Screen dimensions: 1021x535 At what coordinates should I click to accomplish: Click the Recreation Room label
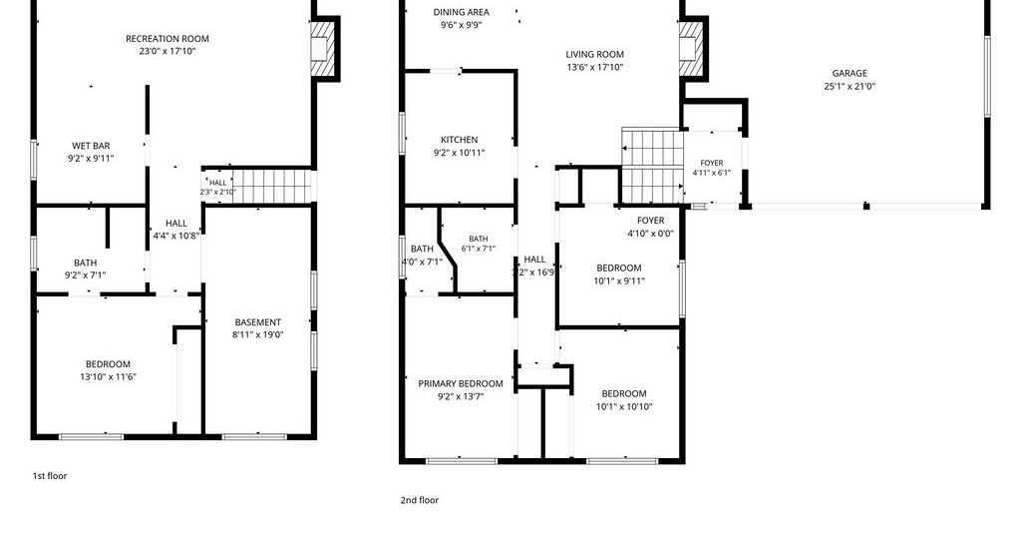[x=168, y=39]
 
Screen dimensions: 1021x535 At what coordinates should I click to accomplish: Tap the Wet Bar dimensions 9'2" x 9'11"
[x=91, y=159]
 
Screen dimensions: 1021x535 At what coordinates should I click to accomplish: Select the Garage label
[x=850, y=73]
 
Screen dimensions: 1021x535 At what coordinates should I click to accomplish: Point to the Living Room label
[x=594, y=54]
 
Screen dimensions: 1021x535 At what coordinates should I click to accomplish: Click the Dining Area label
[x=461, y=12]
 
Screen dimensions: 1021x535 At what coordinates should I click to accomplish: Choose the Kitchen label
[x=459, y=140]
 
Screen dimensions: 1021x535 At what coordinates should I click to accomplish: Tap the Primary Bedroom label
[x=461, y=384]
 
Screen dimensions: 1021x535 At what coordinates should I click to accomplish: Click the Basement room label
[x=258, y=322]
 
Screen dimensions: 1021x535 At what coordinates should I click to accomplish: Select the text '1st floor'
[x=50, y=476]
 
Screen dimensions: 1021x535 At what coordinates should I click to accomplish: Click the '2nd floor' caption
[x=420, y=500]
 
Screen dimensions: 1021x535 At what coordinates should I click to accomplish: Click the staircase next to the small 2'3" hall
[x=272, y=187]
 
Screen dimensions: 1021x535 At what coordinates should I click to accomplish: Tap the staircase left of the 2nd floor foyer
[x=652, y=166]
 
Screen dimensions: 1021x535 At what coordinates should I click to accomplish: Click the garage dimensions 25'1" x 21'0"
[x=850, y=86]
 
